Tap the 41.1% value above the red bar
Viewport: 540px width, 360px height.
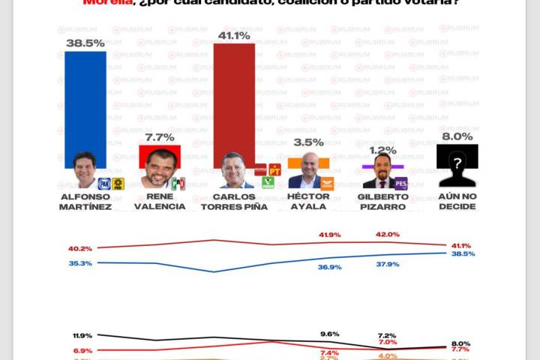pos(234,34)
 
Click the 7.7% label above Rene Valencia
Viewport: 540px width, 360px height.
pos(159,137)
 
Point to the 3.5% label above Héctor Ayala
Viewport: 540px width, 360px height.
pos(309,142)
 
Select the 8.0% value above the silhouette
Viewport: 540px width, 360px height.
pos(457,136)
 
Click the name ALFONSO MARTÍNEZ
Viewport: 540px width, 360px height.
pos(85,201)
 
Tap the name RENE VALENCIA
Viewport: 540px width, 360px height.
pos(159,201)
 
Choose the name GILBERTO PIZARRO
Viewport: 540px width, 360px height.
pos(383,201)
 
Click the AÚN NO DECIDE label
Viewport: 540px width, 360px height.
pos(457,201)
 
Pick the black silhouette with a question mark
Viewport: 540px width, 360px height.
pos(457,166)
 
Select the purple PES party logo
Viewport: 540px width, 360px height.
pos(400,183)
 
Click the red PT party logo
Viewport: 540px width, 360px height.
pos(274,169)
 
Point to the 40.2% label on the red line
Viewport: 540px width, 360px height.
pos(79,249)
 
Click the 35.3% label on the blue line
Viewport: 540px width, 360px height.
pos(79,263)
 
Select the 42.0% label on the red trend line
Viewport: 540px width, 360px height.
pos(387,235)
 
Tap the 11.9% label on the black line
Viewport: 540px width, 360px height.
pos(82,335)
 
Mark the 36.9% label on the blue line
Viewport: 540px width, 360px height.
pos(329,267)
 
